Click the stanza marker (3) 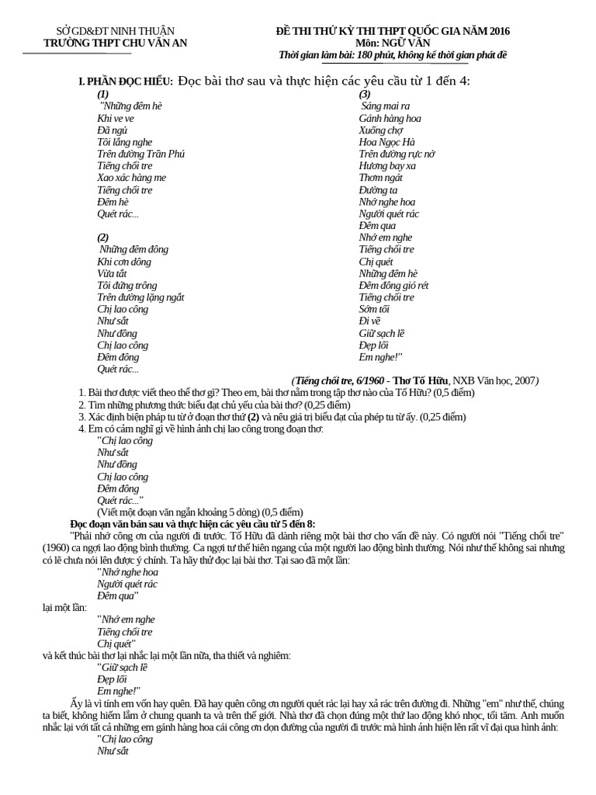pos(365,93)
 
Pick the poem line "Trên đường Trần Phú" pos(141,154)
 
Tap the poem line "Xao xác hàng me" pos(132,178)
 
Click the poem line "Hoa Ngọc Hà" pos(387,142)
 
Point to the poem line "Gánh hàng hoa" pos(390,118)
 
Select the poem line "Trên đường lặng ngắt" pos(140,297)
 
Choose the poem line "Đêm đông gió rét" pos(393,285)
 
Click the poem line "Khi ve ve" pos(116,118)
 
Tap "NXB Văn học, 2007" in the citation pos(496,380)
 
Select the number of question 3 pos(81,417)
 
